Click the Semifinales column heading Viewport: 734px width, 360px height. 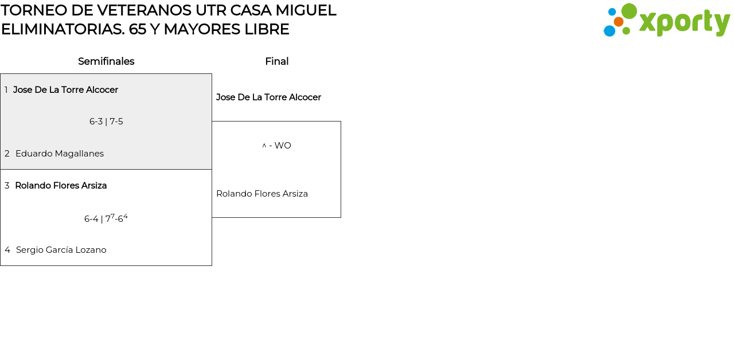106,61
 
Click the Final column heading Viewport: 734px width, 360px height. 276,61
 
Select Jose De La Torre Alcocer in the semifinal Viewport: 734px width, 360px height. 65,90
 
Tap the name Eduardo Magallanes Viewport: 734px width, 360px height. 60,154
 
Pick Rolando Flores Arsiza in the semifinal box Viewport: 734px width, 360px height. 61,186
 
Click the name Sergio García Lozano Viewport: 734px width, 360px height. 61,250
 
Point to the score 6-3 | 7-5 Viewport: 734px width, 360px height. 106,122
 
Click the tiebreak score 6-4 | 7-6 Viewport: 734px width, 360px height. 106,218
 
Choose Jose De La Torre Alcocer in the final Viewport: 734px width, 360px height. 268,97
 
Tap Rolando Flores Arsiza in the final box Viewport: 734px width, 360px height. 262,194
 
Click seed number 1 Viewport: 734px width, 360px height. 6,90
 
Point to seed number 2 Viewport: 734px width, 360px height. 7,154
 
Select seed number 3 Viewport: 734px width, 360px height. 7,186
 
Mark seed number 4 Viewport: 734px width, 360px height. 7,250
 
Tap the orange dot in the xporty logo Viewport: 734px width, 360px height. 619,22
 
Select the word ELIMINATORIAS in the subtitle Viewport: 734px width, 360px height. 62,29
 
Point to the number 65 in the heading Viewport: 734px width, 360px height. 138,29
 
